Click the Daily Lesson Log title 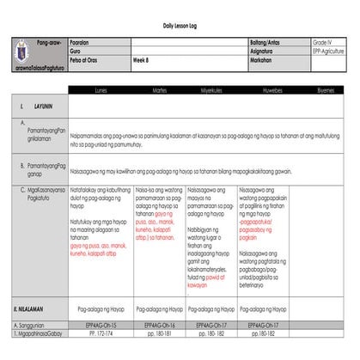pyautogui.click(x=180, y=27)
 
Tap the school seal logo pyautogui.click(x=24, y=50)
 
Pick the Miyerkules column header pyautogui.click(x=212, y=88)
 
